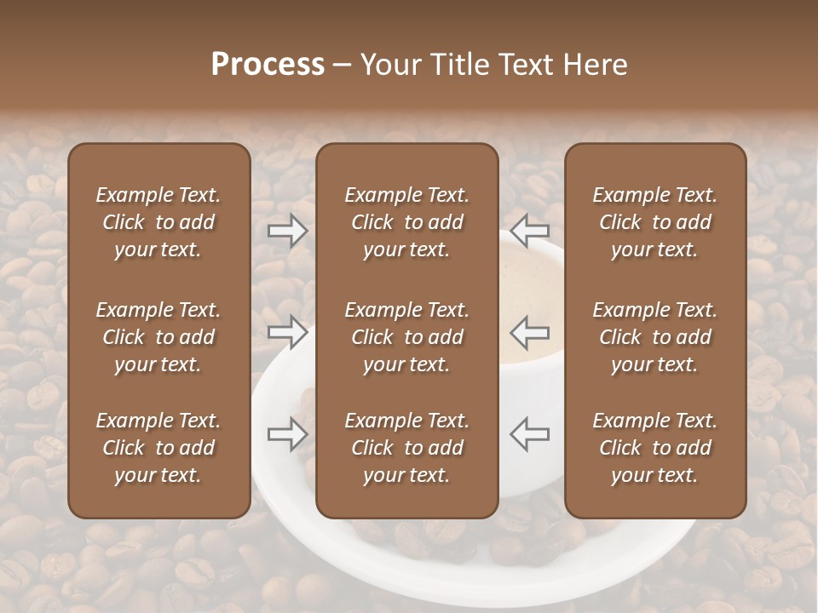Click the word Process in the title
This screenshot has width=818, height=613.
click(268, 65)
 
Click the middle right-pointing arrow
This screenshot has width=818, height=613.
click(288, 331)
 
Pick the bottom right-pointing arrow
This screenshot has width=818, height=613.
click(288, 434)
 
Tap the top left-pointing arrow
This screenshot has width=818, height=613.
click(530, 230)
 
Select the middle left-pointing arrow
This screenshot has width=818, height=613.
click(530, 331)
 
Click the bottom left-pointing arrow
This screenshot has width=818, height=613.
click(530, 433)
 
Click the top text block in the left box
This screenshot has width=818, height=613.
click(158, 222)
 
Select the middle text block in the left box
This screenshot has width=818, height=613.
click(158, 337)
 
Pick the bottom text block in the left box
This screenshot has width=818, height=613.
click(158, 448)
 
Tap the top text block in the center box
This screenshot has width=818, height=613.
click(406, 222)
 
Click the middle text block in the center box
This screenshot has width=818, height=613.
click(406, 337)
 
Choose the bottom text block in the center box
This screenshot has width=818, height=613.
click(406, 448)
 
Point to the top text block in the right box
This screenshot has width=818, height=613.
click(655, 222)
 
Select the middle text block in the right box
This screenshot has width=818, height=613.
click(655, 337)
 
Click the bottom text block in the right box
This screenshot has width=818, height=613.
click(655, 448)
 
